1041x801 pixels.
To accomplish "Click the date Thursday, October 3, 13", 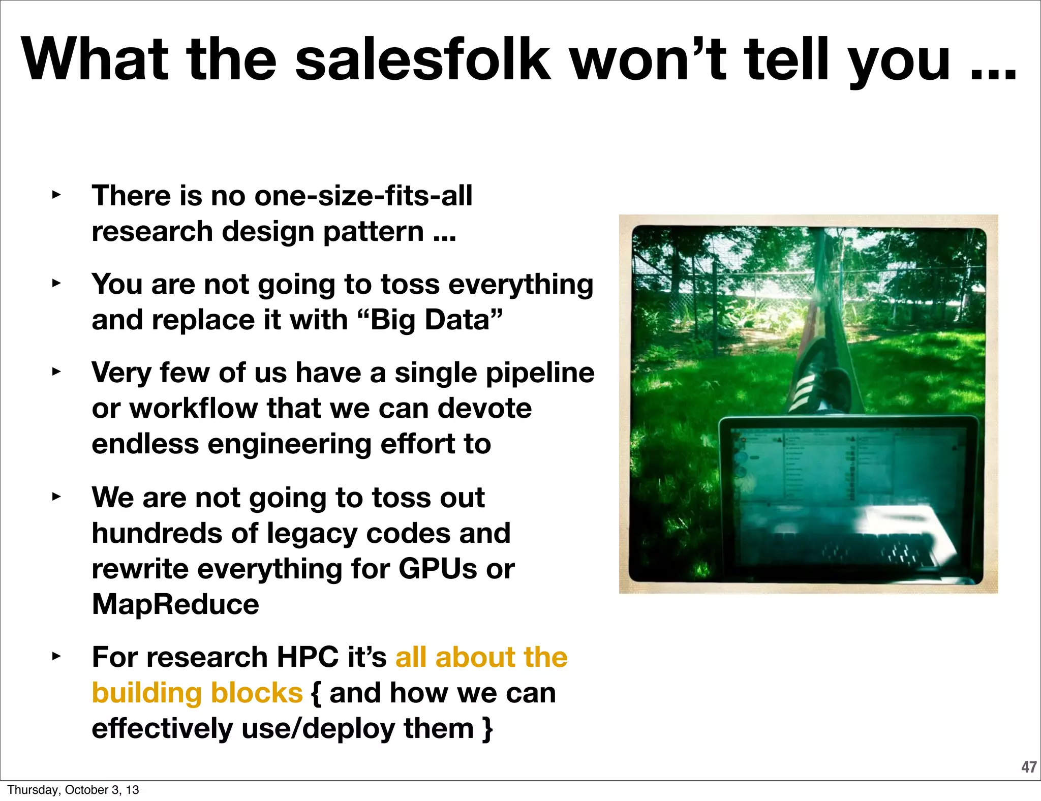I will [73, 790].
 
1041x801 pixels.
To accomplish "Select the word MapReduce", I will [175, 604].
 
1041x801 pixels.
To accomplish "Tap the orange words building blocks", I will [197, 693].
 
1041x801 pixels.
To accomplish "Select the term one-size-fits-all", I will [363, 196].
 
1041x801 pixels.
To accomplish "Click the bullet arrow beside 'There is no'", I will [56, 195].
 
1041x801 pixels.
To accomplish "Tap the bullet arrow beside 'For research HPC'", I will [56, 656].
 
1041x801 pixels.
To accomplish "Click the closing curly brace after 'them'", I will [487, 729].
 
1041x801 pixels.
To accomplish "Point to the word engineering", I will [289, 444].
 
